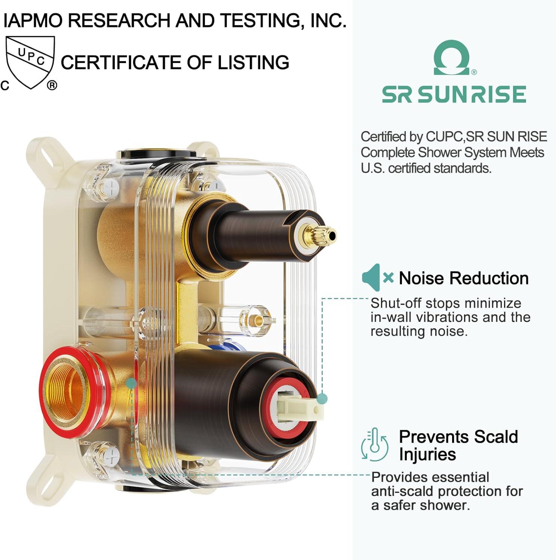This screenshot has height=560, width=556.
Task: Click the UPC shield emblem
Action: (30, 62)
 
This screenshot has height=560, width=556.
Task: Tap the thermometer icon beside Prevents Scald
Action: (374, 445)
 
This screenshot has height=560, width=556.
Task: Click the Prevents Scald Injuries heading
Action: (458, 445)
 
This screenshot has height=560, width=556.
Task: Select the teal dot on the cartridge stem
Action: (322, 399)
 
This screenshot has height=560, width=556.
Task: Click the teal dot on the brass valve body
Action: (131, 383)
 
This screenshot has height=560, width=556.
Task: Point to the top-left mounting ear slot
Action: (42, 153)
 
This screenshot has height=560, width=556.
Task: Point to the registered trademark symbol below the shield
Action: (52, 85)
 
